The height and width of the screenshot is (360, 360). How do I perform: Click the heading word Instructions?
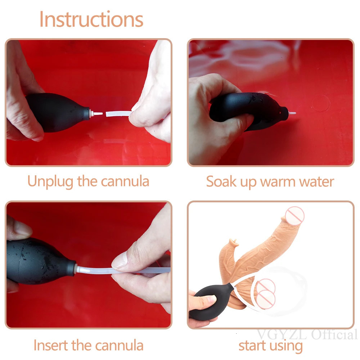coord(91,19)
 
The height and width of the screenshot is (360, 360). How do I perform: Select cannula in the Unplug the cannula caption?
coord(125,181)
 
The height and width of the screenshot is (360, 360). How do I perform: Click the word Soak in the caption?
coord(221,181)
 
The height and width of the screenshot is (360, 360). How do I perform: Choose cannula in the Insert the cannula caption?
coord(119,345)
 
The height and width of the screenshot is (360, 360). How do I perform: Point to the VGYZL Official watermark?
coord(307,334)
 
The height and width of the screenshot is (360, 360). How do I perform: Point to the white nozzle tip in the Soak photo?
coord(292,113)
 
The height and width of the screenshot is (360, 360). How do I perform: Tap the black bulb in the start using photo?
coord(210,302)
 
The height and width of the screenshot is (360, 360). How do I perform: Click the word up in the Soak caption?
coord(248,183)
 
